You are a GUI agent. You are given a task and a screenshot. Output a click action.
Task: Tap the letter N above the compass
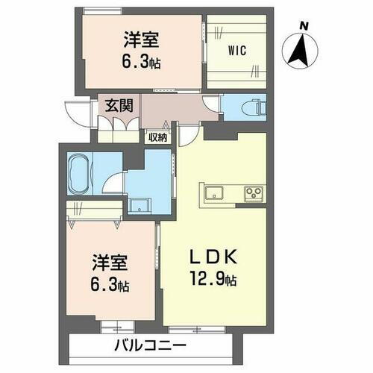(303, 26)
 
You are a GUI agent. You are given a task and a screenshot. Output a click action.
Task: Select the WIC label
(236, 51)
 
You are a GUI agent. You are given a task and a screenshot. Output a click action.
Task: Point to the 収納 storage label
(157, 136)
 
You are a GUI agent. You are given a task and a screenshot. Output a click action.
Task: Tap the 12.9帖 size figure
(213, 280)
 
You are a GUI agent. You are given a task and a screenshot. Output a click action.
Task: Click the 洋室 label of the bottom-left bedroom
(109, 263)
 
